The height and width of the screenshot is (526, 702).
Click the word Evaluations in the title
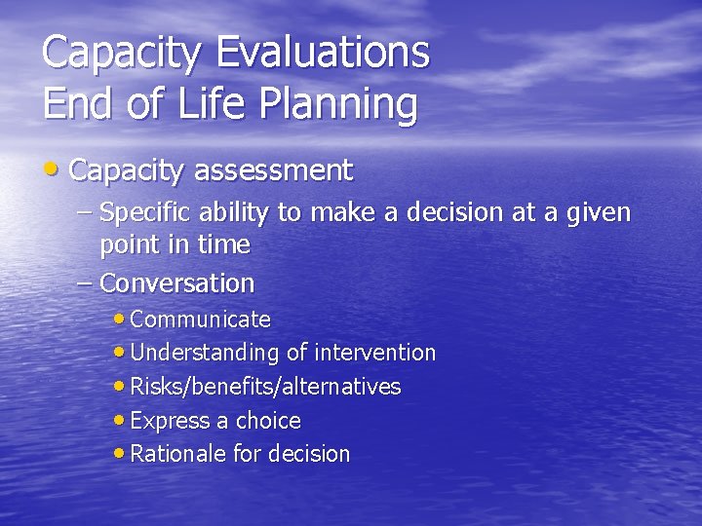tap(323, 52)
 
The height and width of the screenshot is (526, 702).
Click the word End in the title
tap(79, 103)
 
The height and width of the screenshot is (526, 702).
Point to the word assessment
tap(273, 171)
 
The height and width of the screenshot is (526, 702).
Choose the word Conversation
tap(176, 283)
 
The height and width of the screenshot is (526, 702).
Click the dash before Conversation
tap(85, 283)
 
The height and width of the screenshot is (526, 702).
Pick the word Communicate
tap(200, 319)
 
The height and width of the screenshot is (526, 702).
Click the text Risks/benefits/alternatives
tap(265, 387)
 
